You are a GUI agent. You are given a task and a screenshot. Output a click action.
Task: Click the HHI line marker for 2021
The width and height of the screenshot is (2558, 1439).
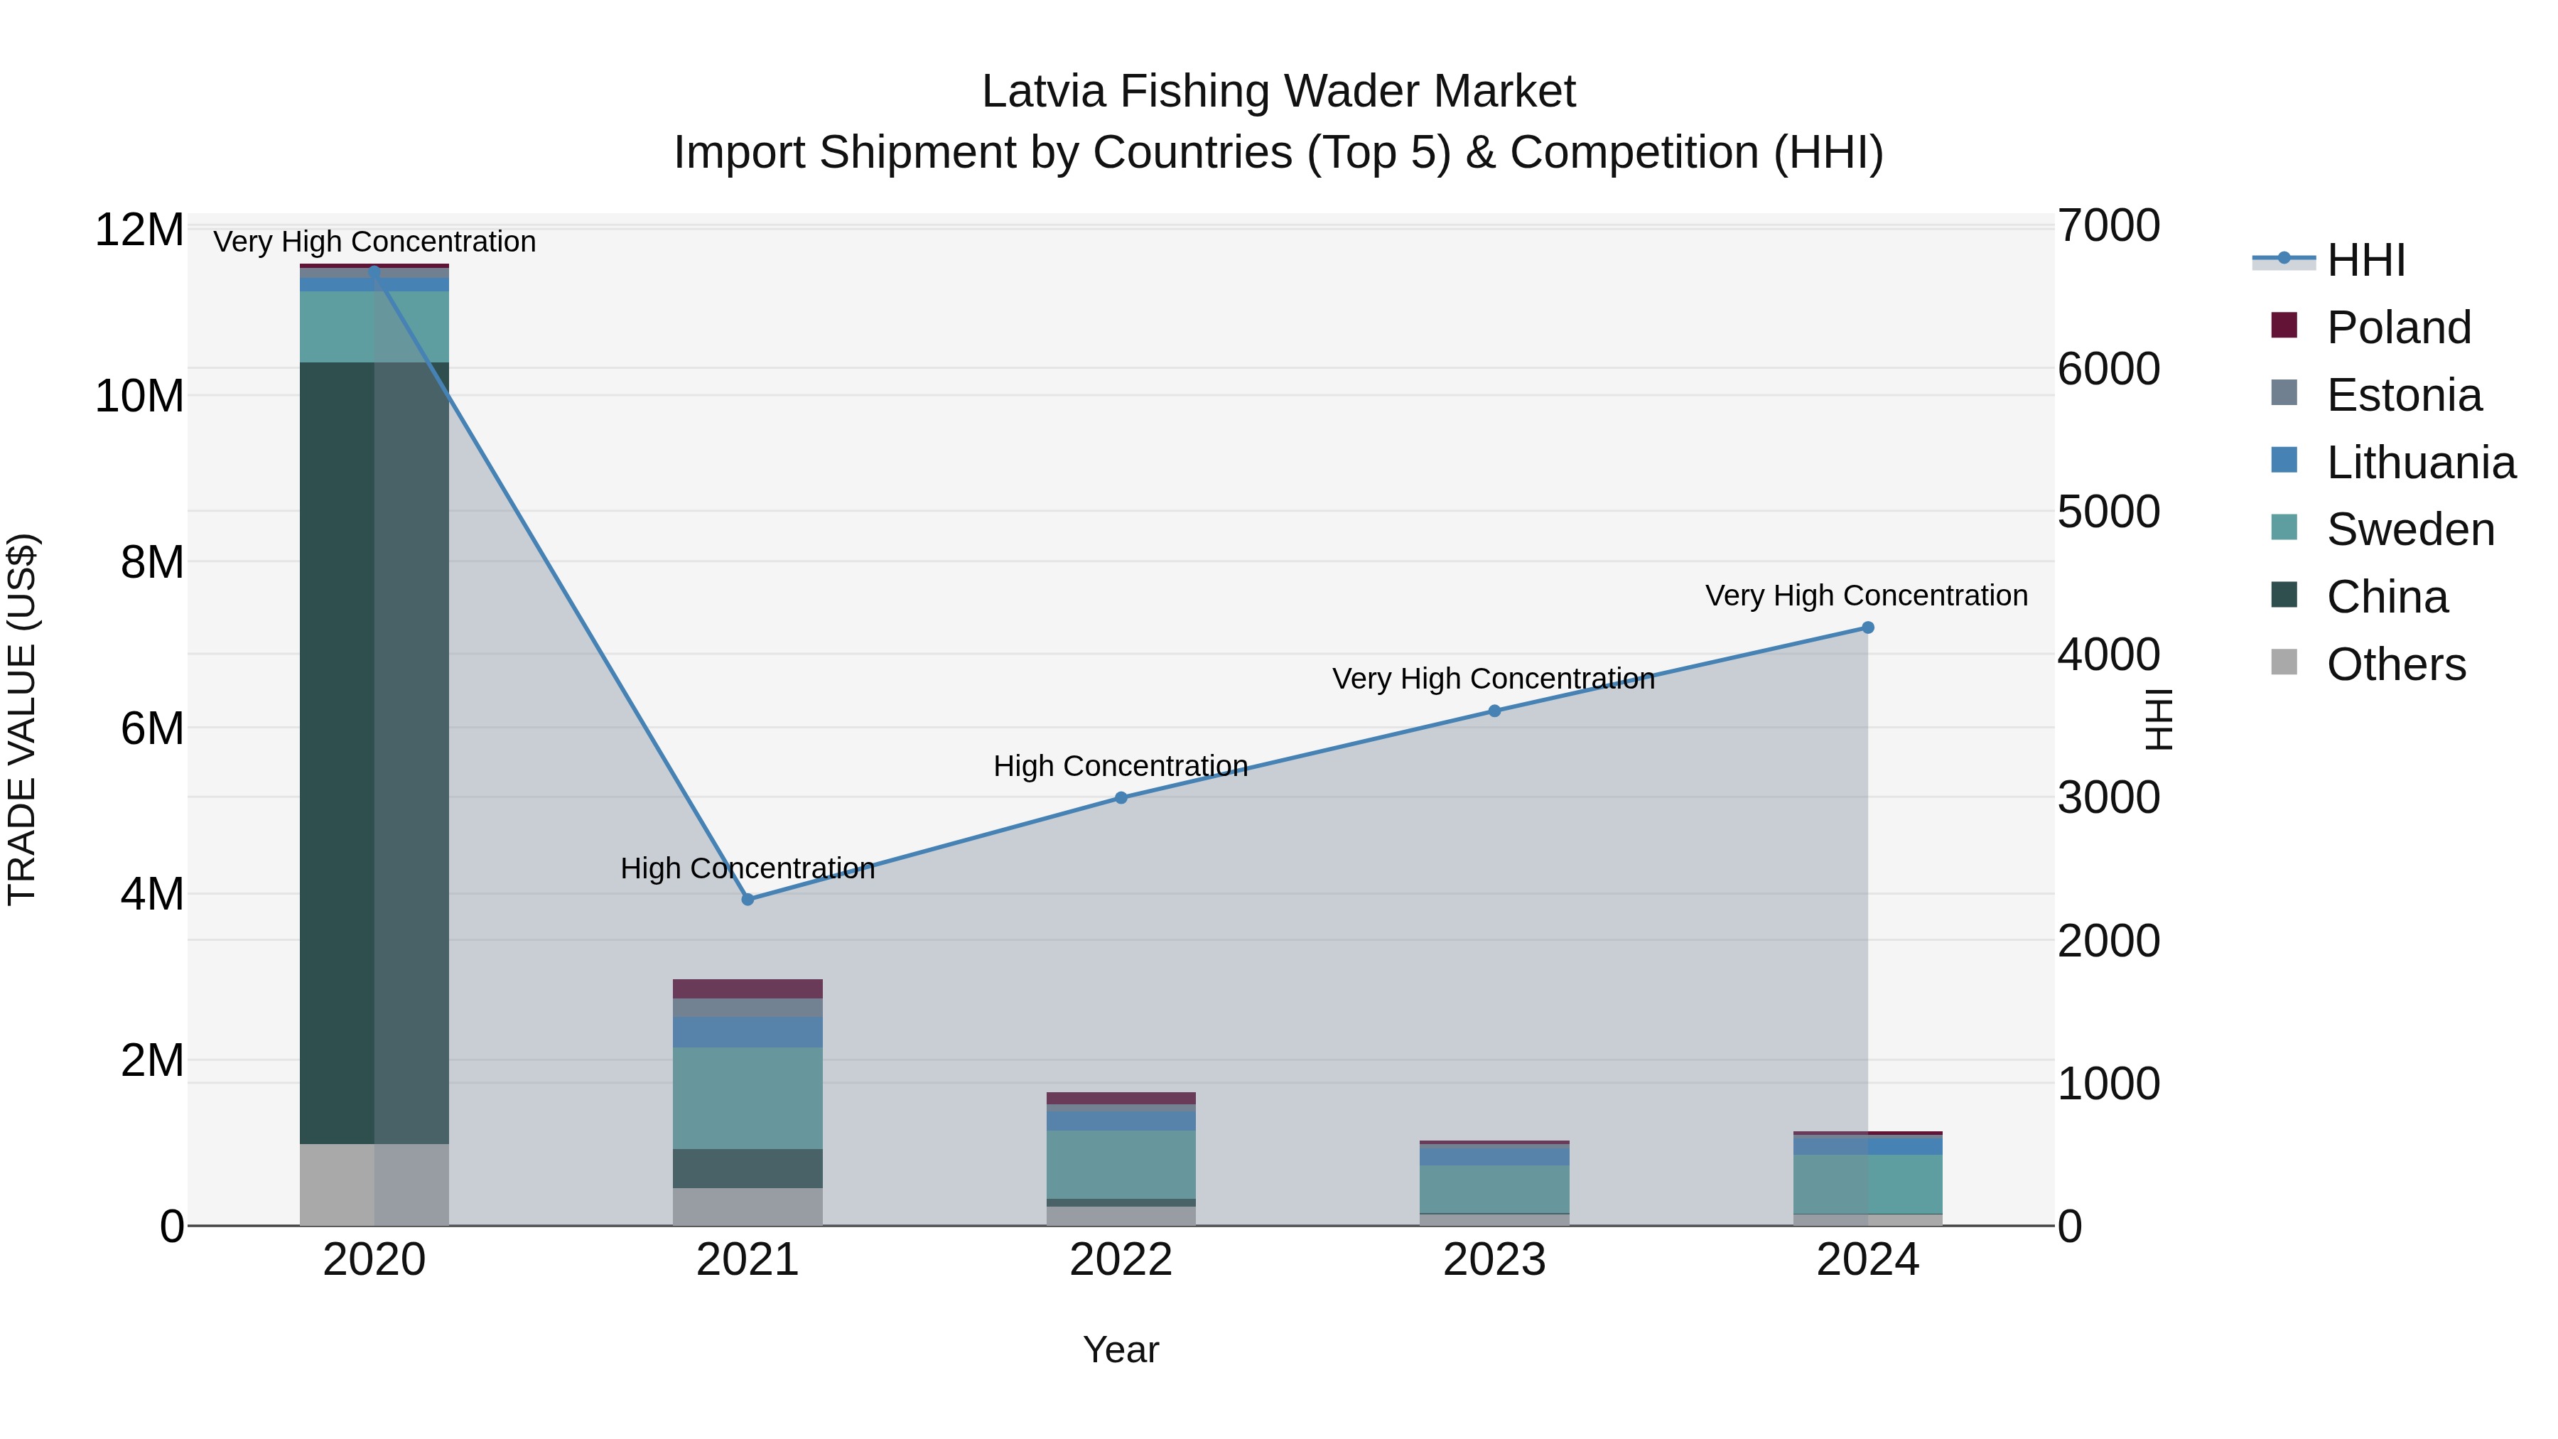[x=748, y=900]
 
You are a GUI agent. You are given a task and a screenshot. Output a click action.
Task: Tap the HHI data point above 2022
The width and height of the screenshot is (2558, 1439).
[x=1121, y=797]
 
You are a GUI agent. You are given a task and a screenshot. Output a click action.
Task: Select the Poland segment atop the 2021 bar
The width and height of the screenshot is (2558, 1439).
[x=748, y=988]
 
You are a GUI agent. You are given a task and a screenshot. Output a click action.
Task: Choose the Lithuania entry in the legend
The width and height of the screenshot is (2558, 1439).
[x=2420, y=463]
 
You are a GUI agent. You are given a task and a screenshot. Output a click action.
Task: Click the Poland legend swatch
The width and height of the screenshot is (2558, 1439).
[x=2284, y=325]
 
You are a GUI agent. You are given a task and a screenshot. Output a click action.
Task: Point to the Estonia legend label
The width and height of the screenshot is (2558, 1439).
[x=2404, y=395]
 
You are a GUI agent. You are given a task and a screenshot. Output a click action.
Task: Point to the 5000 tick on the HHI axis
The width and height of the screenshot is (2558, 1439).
[x=2108, y=512]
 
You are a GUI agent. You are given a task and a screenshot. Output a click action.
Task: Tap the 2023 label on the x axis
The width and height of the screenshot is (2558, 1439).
[x=1494, y=1260]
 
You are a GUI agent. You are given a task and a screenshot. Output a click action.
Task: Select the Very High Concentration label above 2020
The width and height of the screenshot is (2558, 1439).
[x=374, y=242]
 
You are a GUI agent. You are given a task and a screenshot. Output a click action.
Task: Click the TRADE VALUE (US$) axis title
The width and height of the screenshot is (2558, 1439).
[x=22, y=719]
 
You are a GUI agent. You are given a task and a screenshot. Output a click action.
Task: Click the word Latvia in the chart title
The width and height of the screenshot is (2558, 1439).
[x=1044, y=92]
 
